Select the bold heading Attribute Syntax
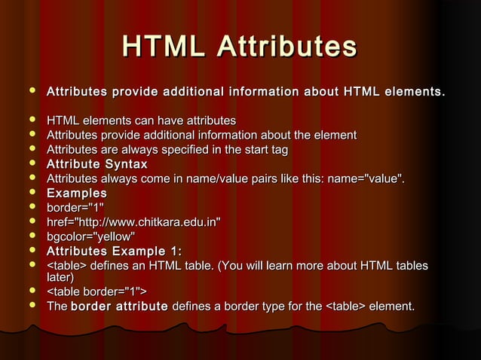pos(97,164)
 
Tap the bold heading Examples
pos(77,193)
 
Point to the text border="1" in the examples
pos(75,207)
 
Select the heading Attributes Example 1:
pos(114,251)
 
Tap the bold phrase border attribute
pos(118,307)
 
